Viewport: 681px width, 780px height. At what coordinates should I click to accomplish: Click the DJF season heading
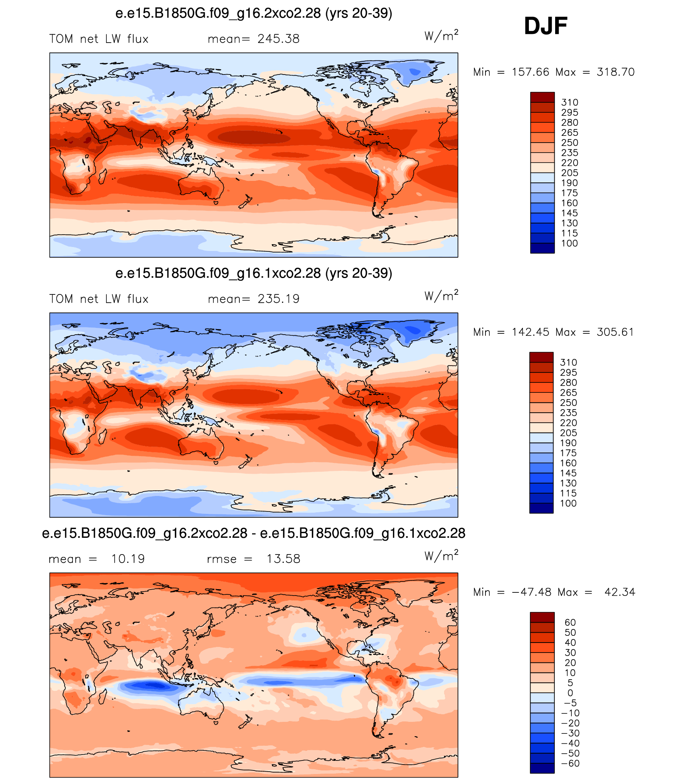point(546,26)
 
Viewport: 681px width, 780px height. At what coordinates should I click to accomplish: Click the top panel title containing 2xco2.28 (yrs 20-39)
point(254,14)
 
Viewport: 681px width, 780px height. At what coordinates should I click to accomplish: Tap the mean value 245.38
point(278,39)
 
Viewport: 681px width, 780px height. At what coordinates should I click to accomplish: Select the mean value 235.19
point(278,299)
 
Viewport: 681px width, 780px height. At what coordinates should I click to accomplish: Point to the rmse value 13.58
point(283,559)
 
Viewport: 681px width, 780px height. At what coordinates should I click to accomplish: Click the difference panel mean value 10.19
point(128,559)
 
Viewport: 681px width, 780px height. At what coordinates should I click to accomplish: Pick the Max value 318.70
point(616,72)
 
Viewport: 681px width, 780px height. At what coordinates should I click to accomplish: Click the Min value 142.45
point(530,332)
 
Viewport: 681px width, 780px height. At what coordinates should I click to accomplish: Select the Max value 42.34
point(620,592)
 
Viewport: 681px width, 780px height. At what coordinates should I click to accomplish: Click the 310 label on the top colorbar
point(569,102)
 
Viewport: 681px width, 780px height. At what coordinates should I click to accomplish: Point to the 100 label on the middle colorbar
point(568,504)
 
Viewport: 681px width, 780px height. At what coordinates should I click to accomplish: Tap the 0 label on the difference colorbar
point(570,693)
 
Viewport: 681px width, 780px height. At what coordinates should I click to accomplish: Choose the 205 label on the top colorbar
point(569,173)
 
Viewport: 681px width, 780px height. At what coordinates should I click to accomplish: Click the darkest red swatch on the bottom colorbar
point(542,617)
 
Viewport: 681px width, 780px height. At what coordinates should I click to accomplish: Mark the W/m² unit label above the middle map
point(441,296)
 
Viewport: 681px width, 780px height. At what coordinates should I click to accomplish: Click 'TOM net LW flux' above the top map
point(99,39)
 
